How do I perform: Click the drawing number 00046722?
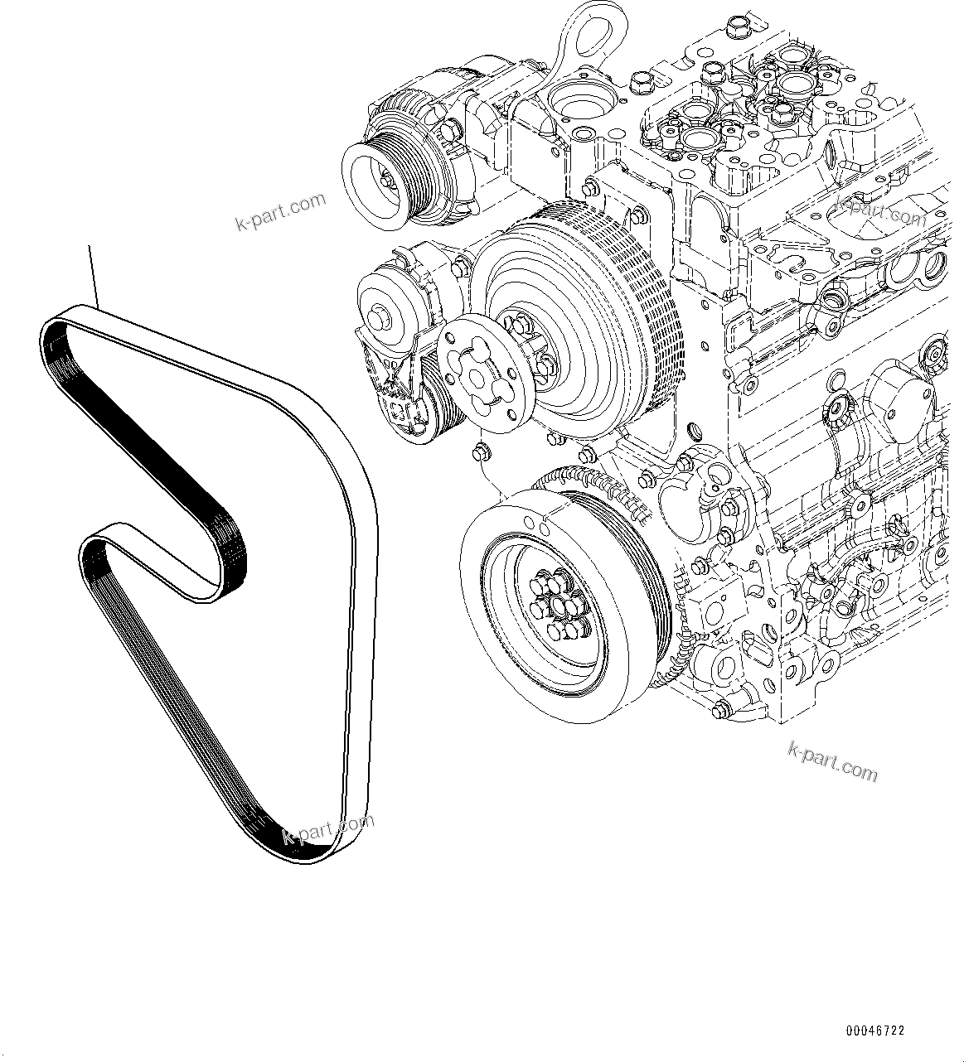point(874,1031)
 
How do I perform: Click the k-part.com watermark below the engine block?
point(831,760)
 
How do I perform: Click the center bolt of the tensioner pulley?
point(380,316)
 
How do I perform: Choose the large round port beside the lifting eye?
point(578,103)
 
